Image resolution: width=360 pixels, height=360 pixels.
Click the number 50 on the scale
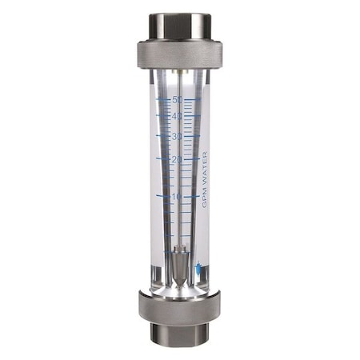(x=178, y=100)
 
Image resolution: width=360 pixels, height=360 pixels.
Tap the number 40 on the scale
(x=178, y=116)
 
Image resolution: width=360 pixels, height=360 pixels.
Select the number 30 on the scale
(x=178, y=136)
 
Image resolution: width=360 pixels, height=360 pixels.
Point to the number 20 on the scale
(x=178, y=159)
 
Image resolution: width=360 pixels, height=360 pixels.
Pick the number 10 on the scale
(x=178, y=195)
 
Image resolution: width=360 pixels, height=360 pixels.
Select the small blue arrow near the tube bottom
(x=198, y=270)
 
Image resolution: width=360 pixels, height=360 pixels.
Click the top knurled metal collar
(x=179, y=52)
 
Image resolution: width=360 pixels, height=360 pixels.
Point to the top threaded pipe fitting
(x=179, y=25)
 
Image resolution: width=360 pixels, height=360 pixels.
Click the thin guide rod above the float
(x=180, y=200)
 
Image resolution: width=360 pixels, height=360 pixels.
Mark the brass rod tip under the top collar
(x=181, y=74)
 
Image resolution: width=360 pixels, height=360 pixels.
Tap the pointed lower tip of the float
(x=180, y=277)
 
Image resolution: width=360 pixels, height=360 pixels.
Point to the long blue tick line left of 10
(x=163, y=194)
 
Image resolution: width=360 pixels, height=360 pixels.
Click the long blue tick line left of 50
(x=164, y=100)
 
